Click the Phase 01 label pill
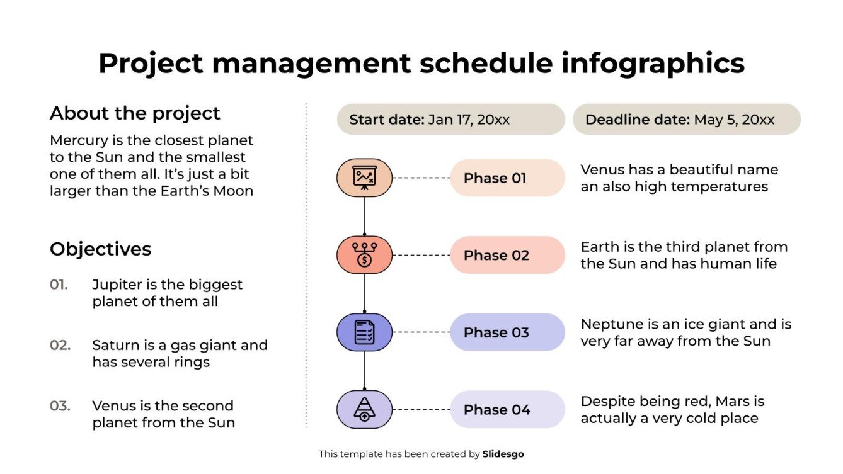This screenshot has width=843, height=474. tap(507, 178)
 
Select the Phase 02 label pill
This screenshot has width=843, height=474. tap(507, 255)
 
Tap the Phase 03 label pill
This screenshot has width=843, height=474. tap(507, 332)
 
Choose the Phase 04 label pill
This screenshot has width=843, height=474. tap(507, 410)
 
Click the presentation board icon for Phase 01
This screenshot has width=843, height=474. tap(364, 178)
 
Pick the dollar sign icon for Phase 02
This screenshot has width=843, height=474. tap(364, 255)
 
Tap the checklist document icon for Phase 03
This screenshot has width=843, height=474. tap(364, 332)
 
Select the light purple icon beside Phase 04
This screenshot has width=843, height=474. tap(364, 410)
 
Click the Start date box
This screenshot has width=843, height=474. tap(450, 120)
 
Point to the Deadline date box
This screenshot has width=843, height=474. tap(686, 120)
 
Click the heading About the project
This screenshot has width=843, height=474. tap(135, 113)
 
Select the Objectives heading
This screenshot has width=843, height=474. tap(100, 249)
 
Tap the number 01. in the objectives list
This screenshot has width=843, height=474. tap(59, 285)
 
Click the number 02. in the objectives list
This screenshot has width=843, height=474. tap(60, 345)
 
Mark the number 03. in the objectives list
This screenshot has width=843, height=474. tap(60, 406)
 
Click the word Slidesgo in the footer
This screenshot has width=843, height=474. tap(503, 454)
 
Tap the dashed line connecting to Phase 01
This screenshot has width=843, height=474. tap(421, 178)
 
